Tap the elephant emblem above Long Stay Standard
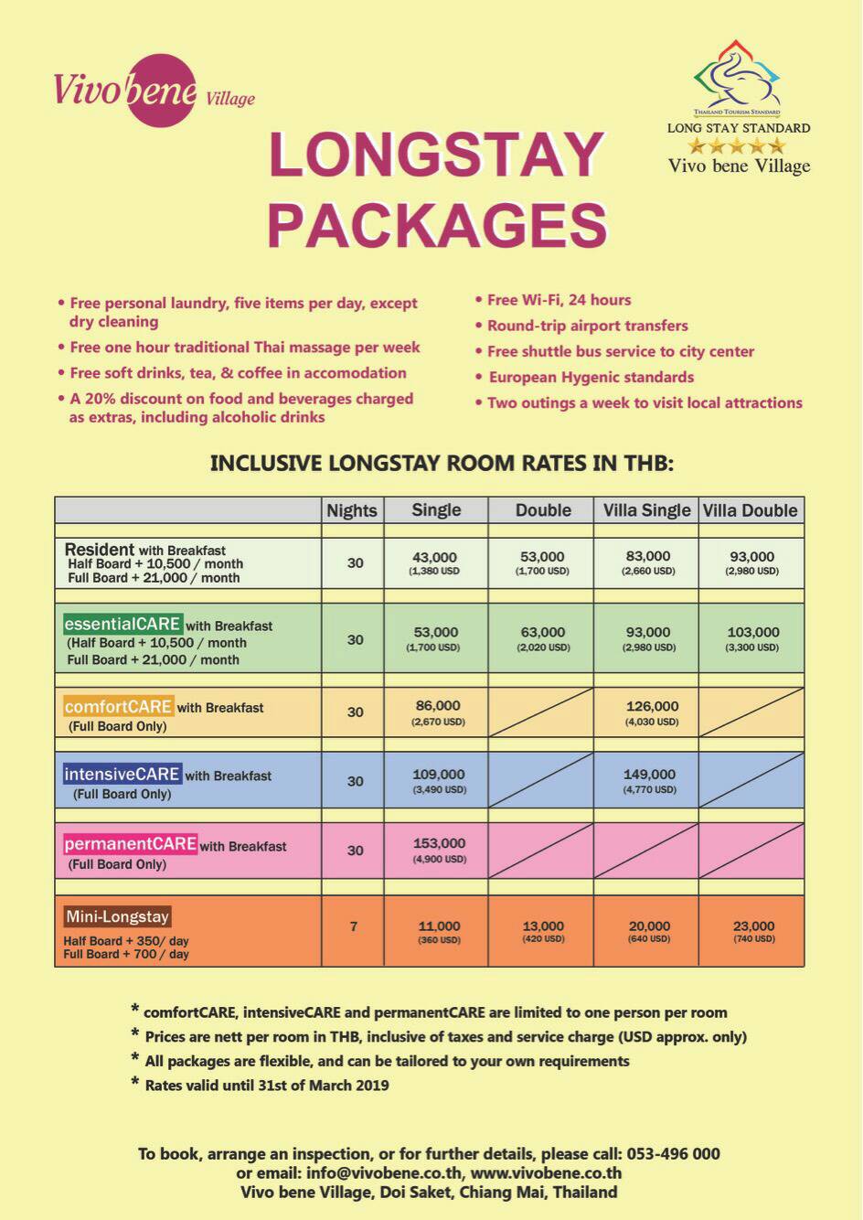737,77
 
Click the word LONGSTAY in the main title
437,155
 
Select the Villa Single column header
646,510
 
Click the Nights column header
352,510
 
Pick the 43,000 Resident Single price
434,557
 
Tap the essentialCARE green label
123,625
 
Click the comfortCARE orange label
118,707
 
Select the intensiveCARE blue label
122,775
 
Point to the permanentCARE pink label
130,844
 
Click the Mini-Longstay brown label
117,916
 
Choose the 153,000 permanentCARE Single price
439,843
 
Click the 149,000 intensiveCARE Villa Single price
649,775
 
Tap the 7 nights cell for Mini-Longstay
354,926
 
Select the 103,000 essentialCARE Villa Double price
753,632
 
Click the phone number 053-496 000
675,1153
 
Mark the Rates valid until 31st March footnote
266,1086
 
